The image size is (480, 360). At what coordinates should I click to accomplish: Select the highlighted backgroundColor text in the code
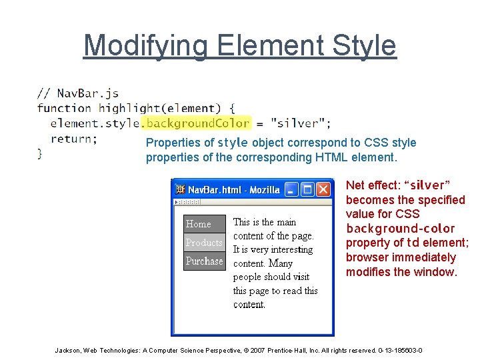pyautogui.click(x=196, y=123)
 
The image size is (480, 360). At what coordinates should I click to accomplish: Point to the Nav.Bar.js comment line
pyautogui.click(x=77, y=93)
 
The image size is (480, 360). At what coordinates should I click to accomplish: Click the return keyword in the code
pyautogui.click(x=73, y=139)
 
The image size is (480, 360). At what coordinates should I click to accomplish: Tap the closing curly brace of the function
pyautogui.click(x=40, y=153)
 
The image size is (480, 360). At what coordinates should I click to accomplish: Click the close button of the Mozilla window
pyautogui.click(x=323, y=190)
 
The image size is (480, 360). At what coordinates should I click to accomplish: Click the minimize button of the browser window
pyautogui.click(x=291, y=190)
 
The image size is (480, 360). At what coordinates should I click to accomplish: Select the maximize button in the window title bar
pyautogui.click(x=307, y=190)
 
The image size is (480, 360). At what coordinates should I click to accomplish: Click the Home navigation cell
pyautogui.click(x=204, y=224)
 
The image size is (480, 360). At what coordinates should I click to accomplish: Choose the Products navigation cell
pyautogui.click(x=204, y=243)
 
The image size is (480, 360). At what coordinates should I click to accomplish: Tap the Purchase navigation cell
pyautogui.click(x=204, y=261)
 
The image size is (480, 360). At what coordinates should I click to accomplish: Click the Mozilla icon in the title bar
pyautogui.click(x=180, y=190)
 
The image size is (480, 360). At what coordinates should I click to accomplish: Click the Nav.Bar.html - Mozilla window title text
pyautogui.click(x=233, y=190)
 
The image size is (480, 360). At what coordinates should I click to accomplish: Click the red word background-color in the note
pyautogui.click(x=400, y=229)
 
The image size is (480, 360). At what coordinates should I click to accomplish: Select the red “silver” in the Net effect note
pyautogui.click(x=429, y=185)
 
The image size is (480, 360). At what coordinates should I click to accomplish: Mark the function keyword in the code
pyautogui.click(x=64, y=108)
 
